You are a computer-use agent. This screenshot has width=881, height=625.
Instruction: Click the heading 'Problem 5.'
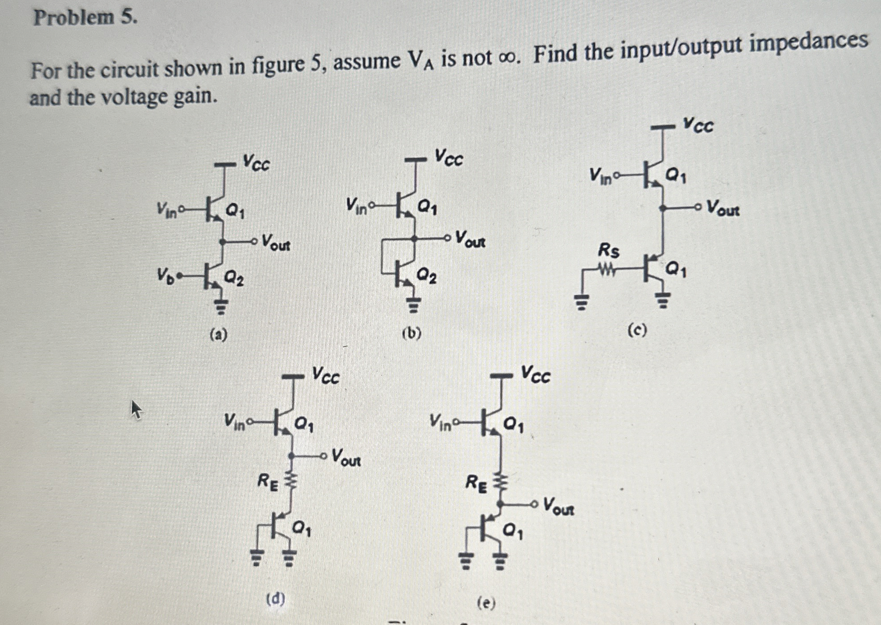85,18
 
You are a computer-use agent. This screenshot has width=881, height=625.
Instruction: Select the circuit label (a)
218,334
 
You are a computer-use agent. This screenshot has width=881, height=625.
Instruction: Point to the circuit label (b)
411,333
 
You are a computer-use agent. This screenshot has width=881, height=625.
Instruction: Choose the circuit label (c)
637,330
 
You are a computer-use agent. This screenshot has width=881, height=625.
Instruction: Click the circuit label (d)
276,599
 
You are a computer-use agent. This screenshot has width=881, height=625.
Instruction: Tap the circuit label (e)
486,603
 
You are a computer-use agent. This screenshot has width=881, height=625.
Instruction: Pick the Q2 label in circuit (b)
426,276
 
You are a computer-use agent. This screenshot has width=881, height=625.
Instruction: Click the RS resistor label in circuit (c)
608,251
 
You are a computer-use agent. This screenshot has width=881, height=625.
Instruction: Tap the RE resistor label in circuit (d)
268,482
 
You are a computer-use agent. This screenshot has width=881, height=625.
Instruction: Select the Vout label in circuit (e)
559,507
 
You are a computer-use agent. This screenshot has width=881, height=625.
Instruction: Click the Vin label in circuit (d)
235,420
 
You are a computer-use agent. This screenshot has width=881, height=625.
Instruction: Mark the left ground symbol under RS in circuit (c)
581,303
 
